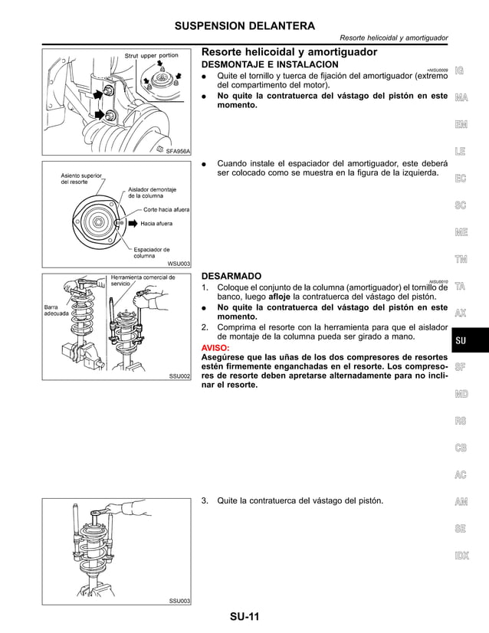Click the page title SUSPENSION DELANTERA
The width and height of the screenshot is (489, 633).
(x=244, y=25)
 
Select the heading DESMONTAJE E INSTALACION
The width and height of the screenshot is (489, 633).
(x=269, y=66)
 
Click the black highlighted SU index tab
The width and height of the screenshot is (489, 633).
(x=461, y=340)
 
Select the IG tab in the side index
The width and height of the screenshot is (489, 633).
(x=460, y=71)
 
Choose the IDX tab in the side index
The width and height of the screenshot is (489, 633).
(x=461, y=556)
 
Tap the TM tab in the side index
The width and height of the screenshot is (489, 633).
(x=461, y=259)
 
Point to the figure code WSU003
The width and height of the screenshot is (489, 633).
(x=179, y=263)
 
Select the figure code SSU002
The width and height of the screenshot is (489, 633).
(x=179, y=377)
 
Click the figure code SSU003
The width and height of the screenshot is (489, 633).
(x=179, y=601)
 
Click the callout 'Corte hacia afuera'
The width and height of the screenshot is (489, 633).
(x=166, y=209)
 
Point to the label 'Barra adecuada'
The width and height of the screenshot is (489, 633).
(x=58, y=310)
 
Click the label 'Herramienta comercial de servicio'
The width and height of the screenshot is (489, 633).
(x=143, y=280)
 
